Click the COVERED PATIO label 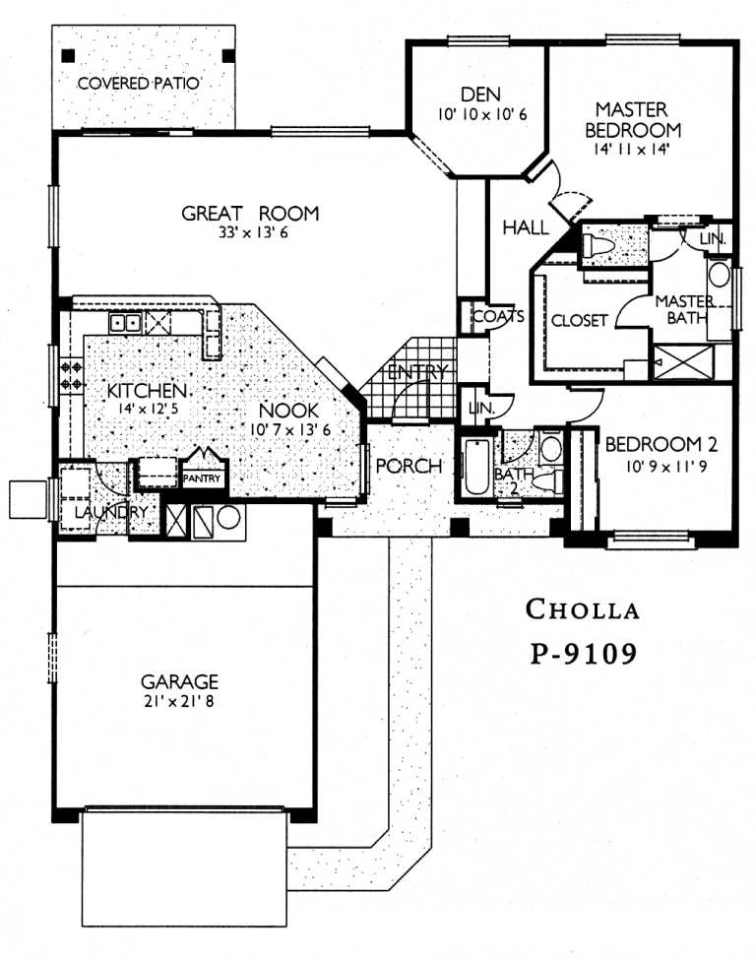(x=139, y=84)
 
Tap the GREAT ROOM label (x=251, y=213)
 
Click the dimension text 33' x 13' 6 (x=251, y=234)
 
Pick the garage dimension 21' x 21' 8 (x=178, y=701)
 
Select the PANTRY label (x=205, y=479)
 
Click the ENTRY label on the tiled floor (x=417, y=372)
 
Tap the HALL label (x=525, y=227)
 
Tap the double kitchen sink (x=124, y=322)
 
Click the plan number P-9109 (x=583, y=653)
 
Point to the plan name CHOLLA (x=583, y=609)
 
